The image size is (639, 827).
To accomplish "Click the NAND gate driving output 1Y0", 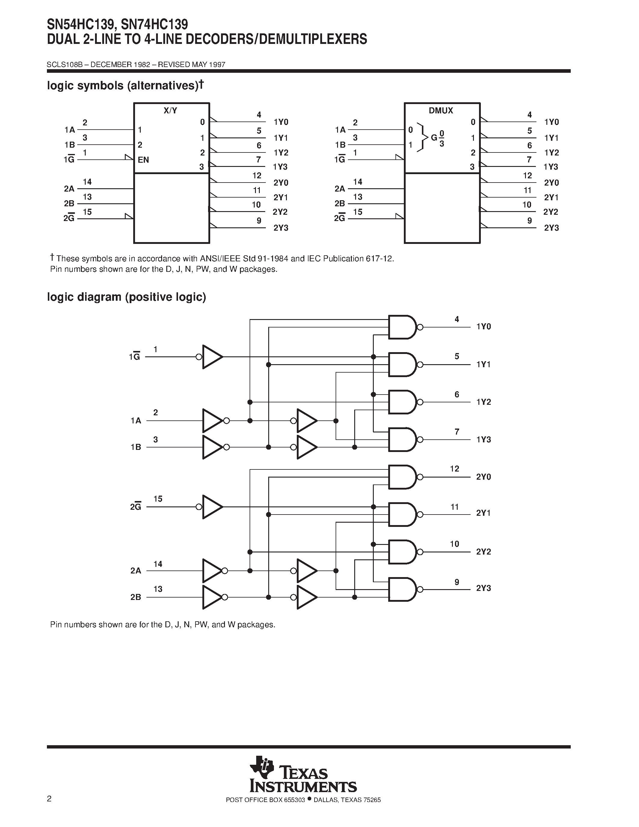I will (402, 327).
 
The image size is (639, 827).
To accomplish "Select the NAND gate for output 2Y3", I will (402, 589).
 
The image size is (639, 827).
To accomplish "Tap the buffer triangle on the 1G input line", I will (212, 357).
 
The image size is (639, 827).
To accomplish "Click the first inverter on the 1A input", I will (212, 421).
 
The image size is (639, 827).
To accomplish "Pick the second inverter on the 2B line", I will (306, 597).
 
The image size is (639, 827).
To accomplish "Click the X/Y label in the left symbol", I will (170, 111).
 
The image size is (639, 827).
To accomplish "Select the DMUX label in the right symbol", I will (441, 111).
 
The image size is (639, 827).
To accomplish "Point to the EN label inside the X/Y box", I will (143, 160).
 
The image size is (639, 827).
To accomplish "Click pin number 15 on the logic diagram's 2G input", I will (158, 499).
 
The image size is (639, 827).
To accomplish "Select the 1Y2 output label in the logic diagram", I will (484, 402).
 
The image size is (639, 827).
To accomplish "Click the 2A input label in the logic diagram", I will (136, 571).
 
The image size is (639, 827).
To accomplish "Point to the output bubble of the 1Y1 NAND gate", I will (420, 365).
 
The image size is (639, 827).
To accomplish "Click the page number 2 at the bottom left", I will (49, 799).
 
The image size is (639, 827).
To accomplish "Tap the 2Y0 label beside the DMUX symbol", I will (551, 183).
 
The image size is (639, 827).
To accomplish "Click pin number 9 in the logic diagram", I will (457, 582).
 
